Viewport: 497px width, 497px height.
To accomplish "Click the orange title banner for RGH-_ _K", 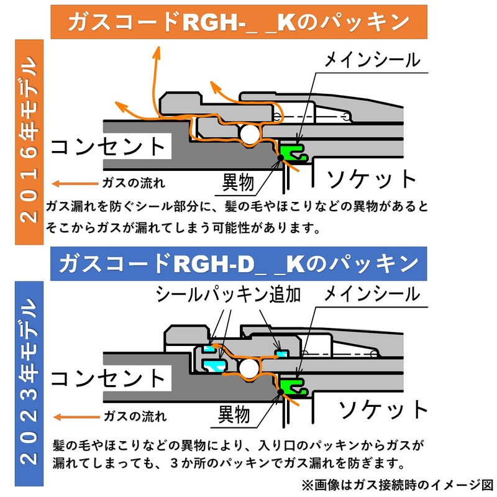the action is [239, 22].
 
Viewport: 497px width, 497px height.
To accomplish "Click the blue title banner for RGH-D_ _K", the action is [239, 263].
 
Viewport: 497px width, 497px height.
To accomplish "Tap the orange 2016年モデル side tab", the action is [29, 142].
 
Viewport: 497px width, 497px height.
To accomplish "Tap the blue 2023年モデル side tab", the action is [29, 383].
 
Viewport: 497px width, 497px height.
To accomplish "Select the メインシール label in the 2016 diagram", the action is [372, 60].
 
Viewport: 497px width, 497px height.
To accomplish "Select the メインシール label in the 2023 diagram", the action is [372, 294].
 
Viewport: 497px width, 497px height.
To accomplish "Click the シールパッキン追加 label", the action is [228, 294].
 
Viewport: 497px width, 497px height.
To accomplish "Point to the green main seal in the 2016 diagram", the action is [293, 153].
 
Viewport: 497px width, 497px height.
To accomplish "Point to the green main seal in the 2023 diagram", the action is [293, 386].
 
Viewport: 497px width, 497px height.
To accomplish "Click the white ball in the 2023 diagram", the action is [249, 368].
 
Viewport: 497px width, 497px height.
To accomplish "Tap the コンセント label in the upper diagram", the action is [107, 147].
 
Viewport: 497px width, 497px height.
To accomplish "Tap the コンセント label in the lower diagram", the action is [107, 378].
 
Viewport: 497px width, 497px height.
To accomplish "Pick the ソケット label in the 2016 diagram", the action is [371, 179].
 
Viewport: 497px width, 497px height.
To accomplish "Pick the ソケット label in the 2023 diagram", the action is [383, 409].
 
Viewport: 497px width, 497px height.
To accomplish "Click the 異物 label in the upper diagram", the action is [238, 182].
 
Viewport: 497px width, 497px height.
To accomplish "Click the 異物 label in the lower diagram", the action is [234, 414].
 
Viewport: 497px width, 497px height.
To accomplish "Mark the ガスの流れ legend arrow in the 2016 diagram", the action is [75, 183].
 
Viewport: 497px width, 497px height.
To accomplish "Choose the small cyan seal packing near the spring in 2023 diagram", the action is [281, 353].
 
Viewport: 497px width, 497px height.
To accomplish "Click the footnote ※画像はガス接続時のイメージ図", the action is [397, 485].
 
